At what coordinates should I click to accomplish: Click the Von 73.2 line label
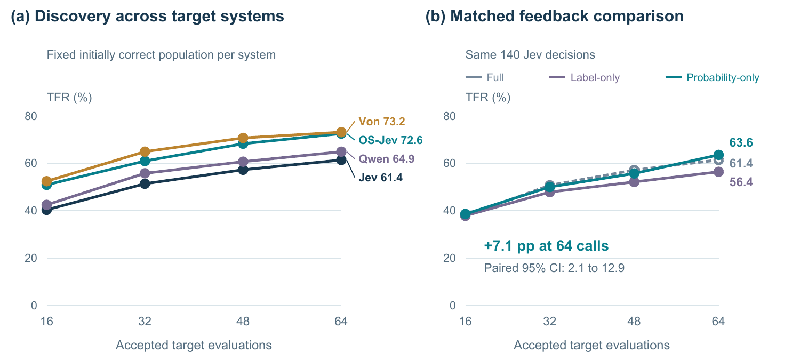[382, 122]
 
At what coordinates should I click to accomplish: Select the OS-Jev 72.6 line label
[390, 140]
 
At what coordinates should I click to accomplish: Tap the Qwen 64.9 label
[387, 159]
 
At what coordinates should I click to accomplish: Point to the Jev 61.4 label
[380, 178]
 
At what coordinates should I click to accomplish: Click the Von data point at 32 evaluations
[145, 152]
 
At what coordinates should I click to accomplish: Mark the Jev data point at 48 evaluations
[243, 170]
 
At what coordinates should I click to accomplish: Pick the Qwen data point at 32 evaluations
[145, 173]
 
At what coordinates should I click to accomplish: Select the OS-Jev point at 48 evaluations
[243, 143]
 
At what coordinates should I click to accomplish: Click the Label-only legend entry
[585, 77]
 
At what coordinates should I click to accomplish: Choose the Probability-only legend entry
[713, 77]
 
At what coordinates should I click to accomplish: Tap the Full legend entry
[485, 77]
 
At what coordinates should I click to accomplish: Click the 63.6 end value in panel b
[741, 143]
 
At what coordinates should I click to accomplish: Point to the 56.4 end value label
[741, 182]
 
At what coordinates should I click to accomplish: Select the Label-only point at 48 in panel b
[634, 182]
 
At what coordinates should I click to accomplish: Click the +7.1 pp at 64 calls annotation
[546, 246]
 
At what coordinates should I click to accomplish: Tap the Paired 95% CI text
[554, 268]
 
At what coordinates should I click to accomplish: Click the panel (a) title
[147, 17]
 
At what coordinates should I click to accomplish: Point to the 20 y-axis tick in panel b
[449, 258]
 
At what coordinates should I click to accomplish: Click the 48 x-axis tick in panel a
[243, 322]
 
